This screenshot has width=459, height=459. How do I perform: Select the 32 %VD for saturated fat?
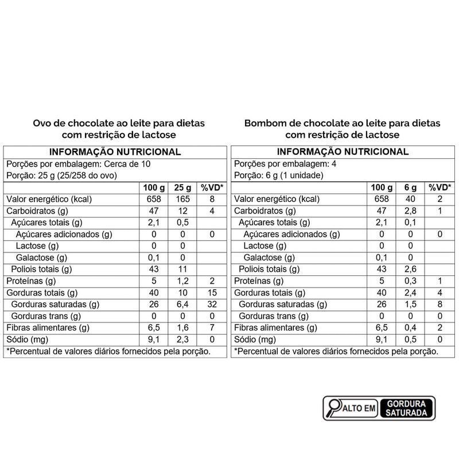click(212, 304)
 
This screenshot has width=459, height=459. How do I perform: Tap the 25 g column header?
click(182, 188)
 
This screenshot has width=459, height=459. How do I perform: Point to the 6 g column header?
click(410, 188)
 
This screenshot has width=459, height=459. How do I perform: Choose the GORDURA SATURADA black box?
click(406, 408)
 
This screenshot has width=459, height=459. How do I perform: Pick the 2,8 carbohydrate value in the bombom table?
click(410, 211)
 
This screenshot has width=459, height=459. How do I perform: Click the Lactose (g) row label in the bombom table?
click(265, 246)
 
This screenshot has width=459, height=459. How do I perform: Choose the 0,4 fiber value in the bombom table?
click(410, 328)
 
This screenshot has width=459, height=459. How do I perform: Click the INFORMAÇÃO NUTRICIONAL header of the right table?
click(343, 151)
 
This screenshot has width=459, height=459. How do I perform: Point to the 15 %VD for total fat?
click(212, 293)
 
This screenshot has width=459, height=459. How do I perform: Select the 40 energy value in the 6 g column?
click(410, 199)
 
